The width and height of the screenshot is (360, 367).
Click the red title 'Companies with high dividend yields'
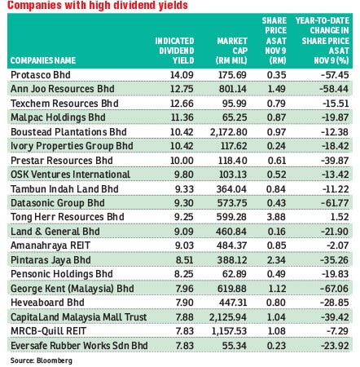[98, 6]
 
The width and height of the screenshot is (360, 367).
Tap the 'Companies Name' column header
[43, 60]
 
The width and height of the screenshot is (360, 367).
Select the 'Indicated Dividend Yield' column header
[174, 51]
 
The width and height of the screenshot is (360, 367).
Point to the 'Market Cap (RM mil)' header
[231, 51]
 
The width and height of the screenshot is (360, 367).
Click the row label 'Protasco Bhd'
[41, 75]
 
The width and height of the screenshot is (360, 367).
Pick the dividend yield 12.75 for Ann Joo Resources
[182, 89]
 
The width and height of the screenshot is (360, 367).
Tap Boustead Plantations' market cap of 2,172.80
[228, 132]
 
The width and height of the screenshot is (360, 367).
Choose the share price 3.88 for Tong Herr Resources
[276, 217]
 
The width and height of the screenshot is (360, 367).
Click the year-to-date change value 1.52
[340, 217]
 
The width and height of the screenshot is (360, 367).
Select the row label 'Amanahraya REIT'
[50, 245]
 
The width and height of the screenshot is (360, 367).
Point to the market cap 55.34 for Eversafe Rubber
[235, 346]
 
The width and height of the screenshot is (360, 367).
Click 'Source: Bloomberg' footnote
[42, 360]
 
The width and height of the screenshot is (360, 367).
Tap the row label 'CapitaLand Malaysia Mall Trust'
[79, 317]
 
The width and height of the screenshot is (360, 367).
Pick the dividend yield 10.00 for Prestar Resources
[182, 161]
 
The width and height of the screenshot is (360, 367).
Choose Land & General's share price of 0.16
[276, 232]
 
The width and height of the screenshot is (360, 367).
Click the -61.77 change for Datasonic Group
[335, 203]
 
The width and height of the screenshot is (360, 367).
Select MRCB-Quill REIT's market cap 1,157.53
[228, 331]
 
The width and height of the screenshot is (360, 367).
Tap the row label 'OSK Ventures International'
[70, 175]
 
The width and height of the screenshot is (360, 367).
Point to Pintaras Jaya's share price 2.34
[276, 260]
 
